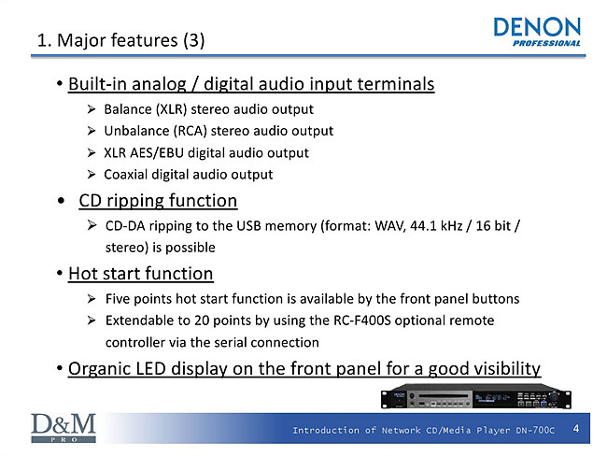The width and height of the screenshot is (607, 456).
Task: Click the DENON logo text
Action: pyautogui.click(x=537, y=27)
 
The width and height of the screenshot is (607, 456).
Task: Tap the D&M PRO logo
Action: pyautogui.click(x=64, y=428)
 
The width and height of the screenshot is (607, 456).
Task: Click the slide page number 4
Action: pyautogui.click(x=576, y=429)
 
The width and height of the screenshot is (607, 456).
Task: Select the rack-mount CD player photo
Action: pyautogui.click(x=476, y=396)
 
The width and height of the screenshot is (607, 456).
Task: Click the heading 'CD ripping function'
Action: pyautogui.click(x=158, y=201)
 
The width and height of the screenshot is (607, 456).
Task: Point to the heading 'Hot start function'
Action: pyautogui.click(x=140, y=274)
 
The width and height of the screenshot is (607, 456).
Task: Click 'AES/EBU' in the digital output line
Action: pyautogui.click(x=156, y=153)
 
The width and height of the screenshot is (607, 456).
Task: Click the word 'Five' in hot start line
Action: pyautogui.click(x=118, y=299)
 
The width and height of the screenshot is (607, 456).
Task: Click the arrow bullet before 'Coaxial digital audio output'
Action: pyautogui.click(x=92, y=175)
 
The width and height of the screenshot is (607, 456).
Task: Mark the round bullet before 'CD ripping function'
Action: pyautogui.click(x=61, y=201)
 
